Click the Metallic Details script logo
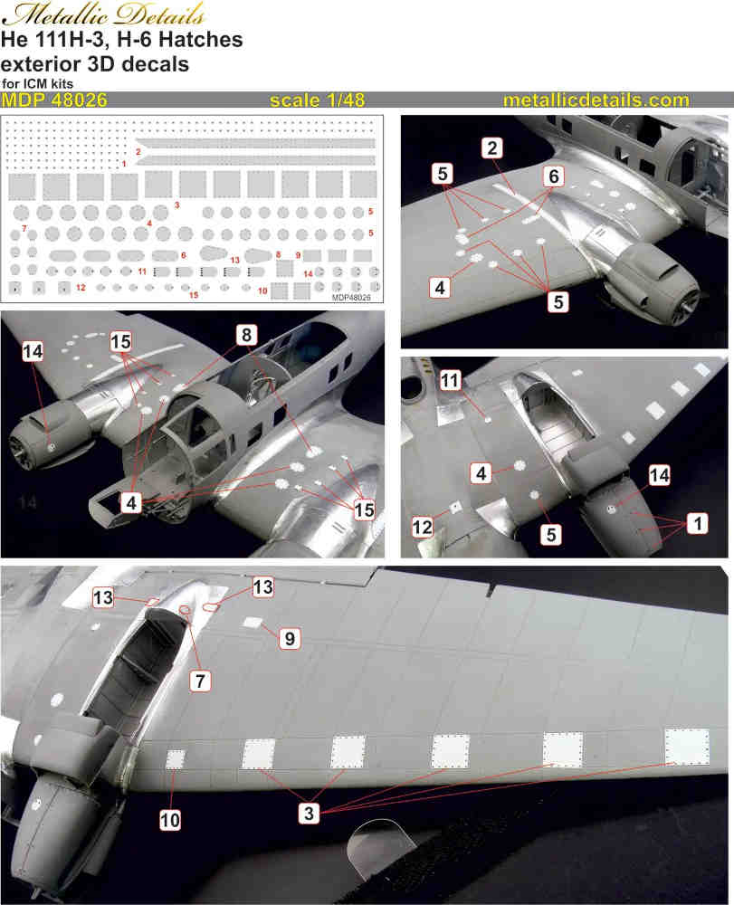103,14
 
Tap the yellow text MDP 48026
54,100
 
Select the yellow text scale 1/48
318,100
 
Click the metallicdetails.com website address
596,100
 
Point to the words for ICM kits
37,83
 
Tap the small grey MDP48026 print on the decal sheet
351,297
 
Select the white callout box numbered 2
491,148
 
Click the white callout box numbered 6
553,176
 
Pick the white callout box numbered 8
246,335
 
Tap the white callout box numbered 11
450,380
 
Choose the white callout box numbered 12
422,527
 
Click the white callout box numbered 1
698,523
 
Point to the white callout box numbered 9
290,638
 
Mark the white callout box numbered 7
200,681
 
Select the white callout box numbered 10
169,820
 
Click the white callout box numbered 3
309,814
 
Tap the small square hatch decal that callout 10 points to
176,759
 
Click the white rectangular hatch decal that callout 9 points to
253,623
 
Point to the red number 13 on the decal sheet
234,260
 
